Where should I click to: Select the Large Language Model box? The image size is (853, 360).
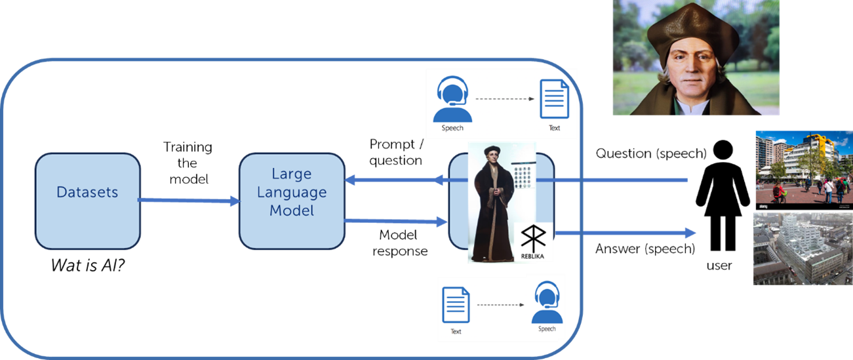point(292,201)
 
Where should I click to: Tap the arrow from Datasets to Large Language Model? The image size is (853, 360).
point(189,201)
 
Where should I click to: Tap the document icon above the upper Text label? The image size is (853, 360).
point(553,99)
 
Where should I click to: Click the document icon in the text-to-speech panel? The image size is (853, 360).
point(456,306)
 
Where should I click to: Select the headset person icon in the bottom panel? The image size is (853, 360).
point(547,302)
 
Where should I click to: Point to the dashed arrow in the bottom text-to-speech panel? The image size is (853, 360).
point(502,306)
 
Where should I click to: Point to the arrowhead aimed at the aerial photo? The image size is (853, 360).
point(689,233)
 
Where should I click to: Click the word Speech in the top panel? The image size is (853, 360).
point(452,128)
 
